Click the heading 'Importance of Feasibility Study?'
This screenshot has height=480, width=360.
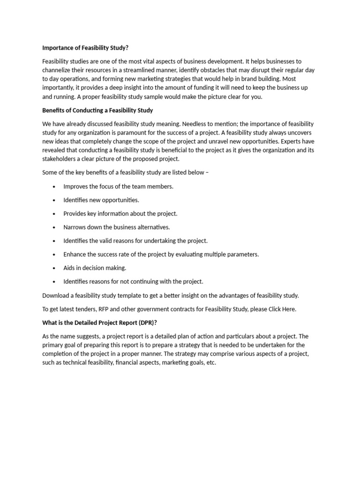point(85,47)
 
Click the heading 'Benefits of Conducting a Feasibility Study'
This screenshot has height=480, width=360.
point(97,111)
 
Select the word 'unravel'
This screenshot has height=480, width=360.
point(231,142)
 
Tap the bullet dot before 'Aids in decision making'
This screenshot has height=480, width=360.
point(54,268)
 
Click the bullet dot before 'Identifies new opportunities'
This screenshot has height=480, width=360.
point(54,200)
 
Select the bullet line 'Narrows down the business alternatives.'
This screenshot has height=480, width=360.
point(116,227)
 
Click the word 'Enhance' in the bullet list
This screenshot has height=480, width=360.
point(75,255)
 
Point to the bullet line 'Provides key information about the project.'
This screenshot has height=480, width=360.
point(120,214)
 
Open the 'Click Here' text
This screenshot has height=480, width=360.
point(282,309)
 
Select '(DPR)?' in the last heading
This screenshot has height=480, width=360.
point(145,322)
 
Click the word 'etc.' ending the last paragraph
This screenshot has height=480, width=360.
point(211,363)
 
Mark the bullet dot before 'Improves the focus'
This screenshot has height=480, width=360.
point(54,187)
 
